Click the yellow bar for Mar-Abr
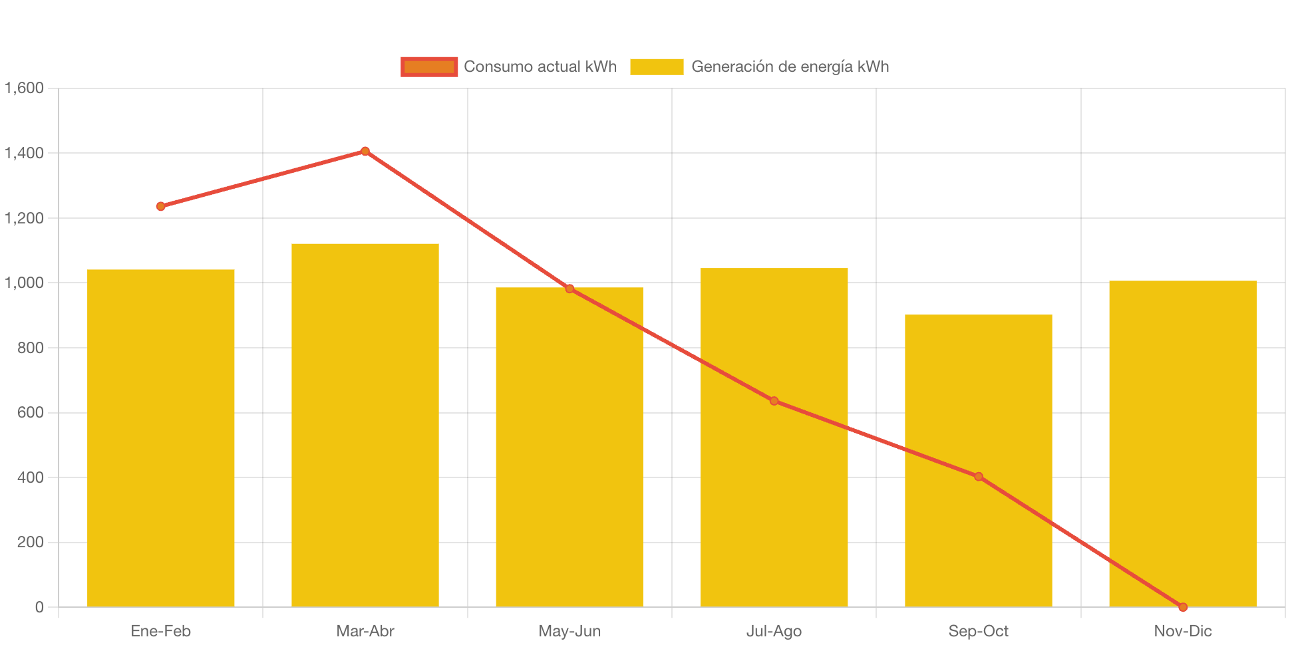pos(365,425)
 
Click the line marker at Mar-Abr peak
pos(365,152)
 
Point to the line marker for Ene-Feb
pos(161,207)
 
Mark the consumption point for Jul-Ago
pos(774,401)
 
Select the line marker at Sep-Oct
pos(978,477)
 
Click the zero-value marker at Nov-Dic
pos(1182,607)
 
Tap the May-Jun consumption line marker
pos(569,289)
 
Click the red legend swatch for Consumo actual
pos(429,66)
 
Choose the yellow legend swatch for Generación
pos(657,66)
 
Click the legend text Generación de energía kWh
pos(790,66)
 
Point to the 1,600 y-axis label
pos(25,88)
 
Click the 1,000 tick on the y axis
pos(25,283)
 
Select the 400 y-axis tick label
pos(31,477)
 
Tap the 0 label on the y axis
pos(39,607)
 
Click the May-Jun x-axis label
pos(569,631)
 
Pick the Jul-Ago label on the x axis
pos(774,631)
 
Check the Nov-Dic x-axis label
pos(1182,631)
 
